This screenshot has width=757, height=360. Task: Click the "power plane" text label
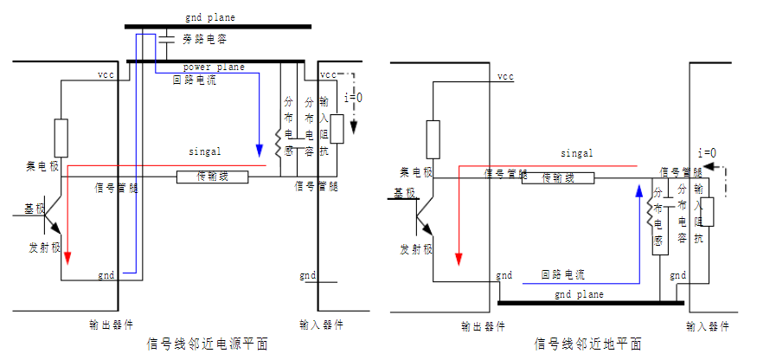tap(213, 67)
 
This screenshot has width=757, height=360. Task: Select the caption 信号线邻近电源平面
tap(208, 344)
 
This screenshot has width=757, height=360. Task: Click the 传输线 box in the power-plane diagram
tap(213, 177)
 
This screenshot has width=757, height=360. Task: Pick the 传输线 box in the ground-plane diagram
tap(558, 177)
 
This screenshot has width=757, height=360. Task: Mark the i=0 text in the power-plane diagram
tap(353, 97)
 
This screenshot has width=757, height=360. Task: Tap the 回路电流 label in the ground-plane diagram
tap(563, 275)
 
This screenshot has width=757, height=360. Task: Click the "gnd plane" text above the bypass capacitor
tap(209, 16)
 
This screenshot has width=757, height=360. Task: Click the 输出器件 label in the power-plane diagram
tap(111, 325)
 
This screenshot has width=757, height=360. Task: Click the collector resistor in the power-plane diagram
tap(61, 138)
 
